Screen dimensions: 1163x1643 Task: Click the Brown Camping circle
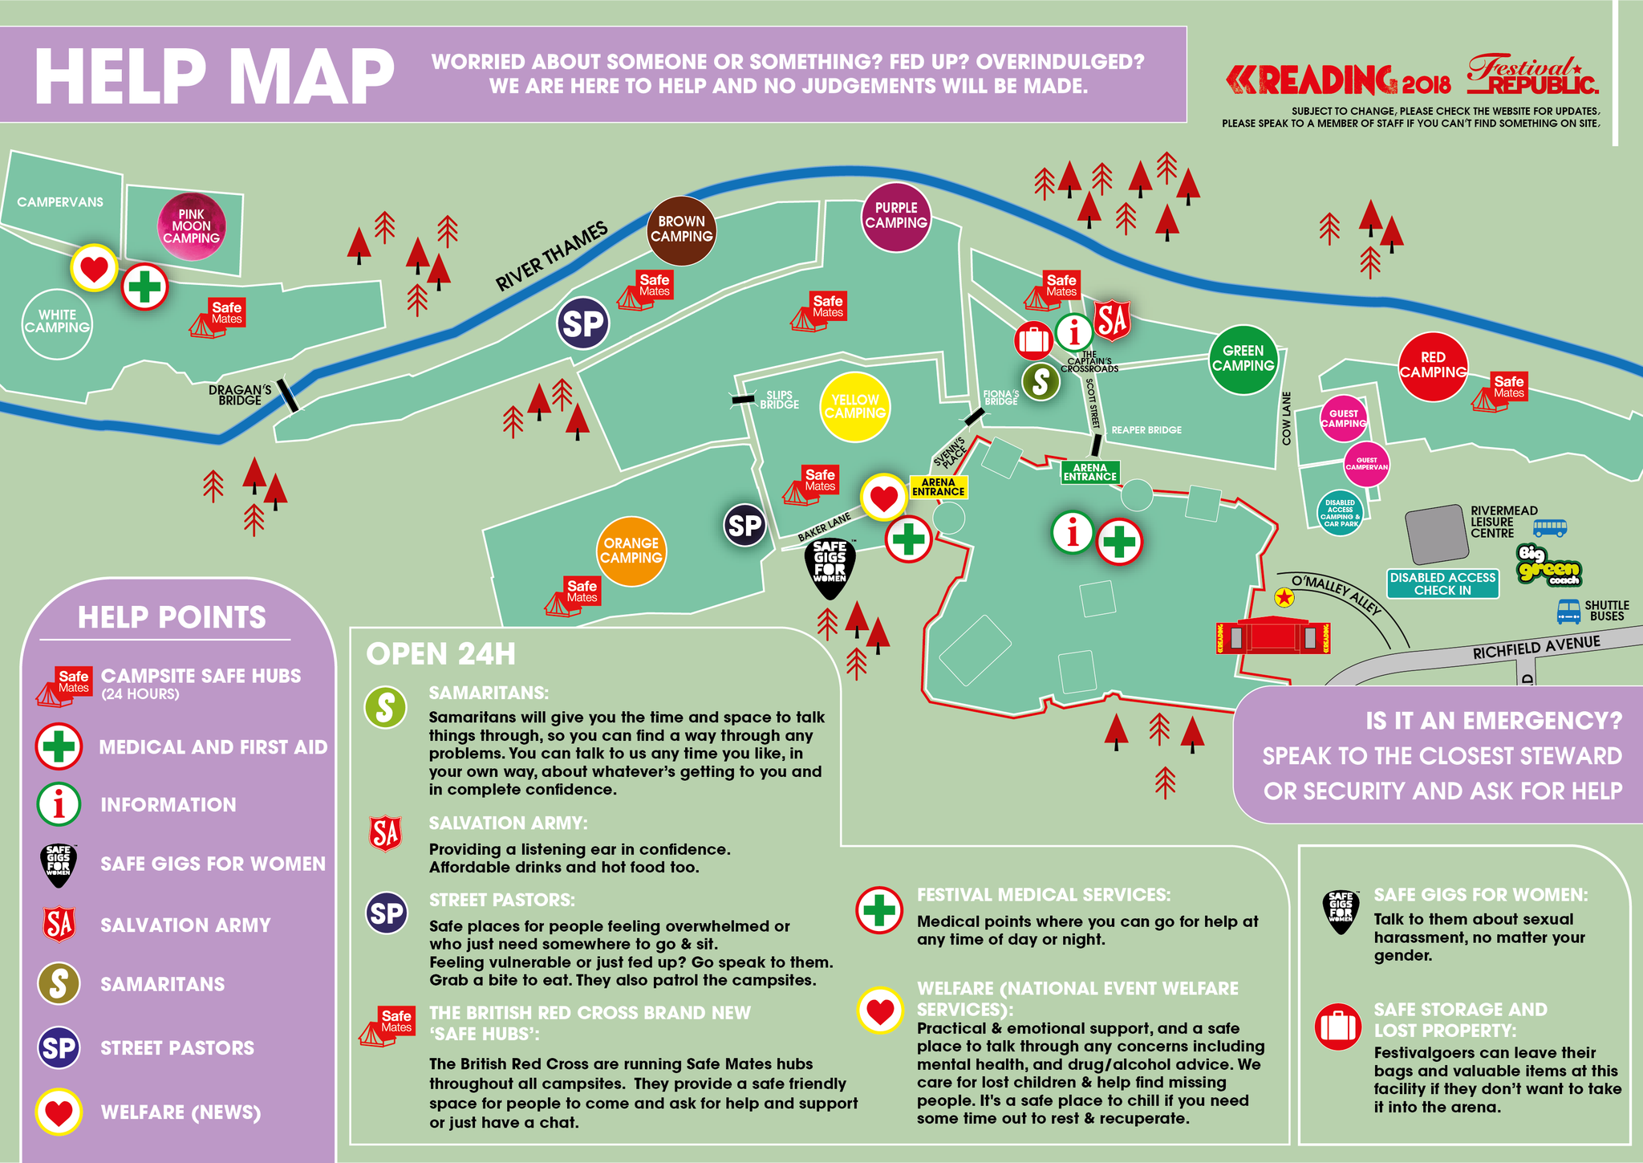tap(681, 230)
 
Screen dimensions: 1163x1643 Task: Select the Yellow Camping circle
tap(855, 407)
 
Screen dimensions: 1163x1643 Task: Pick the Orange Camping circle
tap(631, 551)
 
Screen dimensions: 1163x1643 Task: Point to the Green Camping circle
tap(1243, 359)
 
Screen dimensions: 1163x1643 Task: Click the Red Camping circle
tap(1433, 366)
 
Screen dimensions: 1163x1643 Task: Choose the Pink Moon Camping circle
tap(191, 226)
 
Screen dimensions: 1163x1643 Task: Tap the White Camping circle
tap(56, 323)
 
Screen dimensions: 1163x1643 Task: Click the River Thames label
tap(551, 257)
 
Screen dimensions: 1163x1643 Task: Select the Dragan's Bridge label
tap(240, 395)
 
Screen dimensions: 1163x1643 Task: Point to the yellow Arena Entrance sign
tap(938, 487)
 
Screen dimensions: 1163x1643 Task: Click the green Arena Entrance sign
tap(1089, 472)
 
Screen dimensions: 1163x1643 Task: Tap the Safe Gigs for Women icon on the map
tap(830, 568)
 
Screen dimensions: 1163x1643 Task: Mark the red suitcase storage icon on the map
tap(1033, 340)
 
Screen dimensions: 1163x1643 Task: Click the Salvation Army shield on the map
tap(1112, 320)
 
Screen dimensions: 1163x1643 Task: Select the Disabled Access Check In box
tap(1442, 584)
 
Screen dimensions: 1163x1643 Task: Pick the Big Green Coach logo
tap(1548, 566)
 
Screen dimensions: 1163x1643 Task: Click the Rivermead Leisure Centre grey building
tap(1437, 534)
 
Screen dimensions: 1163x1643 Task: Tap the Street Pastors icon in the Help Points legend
tap(59, 1047)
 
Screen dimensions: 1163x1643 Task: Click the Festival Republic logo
tap(1531, 75)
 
